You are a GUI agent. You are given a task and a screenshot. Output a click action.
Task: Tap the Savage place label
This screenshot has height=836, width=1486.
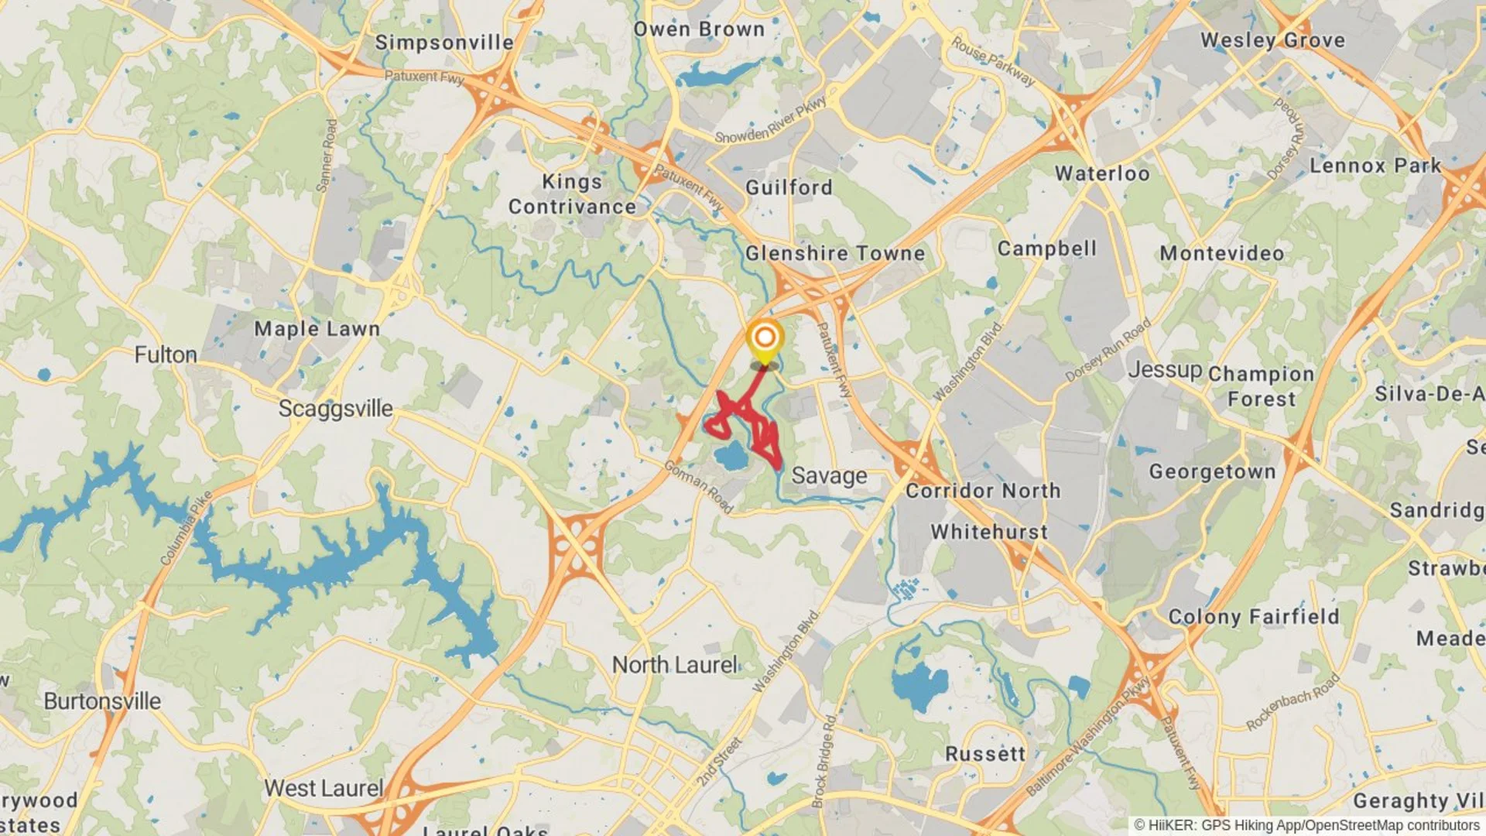[829, 476]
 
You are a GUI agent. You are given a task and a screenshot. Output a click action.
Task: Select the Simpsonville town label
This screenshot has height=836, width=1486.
[444, 43]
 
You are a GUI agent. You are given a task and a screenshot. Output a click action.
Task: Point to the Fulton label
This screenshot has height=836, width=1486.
[166, 355]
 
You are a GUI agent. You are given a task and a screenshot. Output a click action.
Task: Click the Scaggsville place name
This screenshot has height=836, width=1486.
[335, 409]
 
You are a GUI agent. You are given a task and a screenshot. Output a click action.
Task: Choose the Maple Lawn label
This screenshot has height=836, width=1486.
[317, 329]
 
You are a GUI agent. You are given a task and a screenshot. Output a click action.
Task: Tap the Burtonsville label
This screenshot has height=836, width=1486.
[102, 701]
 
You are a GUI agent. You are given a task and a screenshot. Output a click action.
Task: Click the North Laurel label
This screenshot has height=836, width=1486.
[675, 665]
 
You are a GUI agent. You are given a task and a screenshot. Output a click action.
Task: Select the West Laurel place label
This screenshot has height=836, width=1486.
[324, 789]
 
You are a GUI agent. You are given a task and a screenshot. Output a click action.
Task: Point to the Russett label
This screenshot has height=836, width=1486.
[985, 754]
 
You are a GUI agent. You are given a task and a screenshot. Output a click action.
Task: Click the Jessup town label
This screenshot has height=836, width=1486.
[1165, 370]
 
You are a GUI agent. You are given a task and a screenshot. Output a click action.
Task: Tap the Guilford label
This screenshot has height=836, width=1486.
[789, 187]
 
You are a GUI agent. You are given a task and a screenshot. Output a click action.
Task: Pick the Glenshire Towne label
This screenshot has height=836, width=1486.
[835, 254]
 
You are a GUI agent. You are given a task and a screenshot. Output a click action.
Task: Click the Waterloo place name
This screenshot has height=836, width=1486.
[1102, 173]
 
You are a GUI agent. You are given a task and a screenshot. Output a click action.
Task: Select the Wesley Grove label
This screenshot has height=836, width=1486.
[1272, 40]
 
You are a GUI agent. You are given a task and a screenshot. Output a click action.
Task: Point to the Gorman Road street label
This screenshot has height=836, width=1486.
[699, 486]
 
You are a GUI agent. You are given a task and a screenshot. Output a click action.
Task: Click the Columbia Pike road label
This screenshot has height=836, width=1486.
[186, 528]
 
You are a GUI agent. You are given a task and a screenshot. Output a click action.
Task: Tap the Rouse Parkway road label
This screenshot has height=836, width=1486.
[993, 60]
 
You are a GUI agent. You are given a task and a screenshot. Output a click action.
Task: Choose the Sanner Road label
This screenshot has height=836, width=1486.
[327, 155]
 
